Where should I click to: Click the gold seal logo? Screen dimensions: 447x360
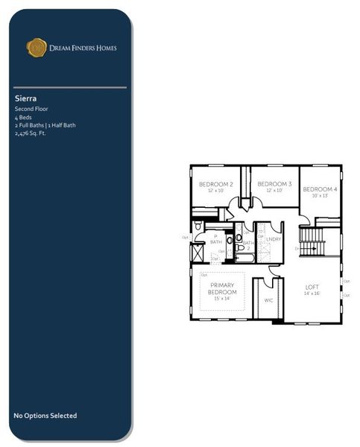[x=37, y=48]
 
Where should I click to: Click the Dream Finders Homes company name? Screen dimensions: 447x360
[x=82, y=48]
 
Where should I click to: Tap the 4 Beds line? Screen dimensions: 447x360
[x=22, y=117]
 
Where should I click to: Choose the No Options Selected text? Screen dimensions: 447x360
[x=45, y=416]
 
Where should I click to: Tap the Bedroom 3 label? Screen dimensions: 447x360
[x=274, y=184]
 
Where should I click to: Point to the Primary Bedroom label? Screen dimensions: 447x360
[x=223, y=289]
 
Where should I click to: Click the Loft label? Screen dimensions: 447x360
[x=312, y=287]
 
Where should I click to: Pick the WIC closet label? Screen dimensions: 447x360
[x=268, y=300]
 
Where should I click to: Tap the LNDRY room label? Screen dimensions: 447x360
[x=274, y=239]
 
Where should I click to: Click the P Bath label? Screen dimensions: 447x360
[x=216, y=238]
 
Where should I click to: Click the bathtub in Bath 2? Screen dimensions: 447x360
[x=245, y=258]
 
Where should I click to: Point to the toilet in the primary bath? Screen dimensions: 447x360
[x=198, y=226]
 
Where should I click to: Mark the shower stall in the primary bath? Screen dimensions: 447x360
[x=198, y=252]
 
